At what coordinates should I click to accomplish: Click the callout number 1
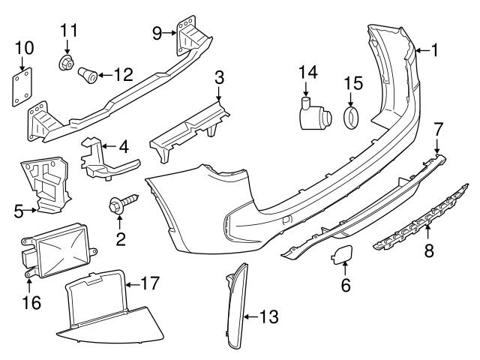(434, 50)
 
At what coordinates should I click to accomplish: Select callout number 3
(218, 78)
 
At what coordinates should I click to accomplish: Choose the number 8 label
(428, 250)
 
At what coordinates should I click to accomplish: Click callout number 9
(157, 31)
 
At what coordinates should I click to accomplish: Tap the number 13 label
(268, 317)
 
